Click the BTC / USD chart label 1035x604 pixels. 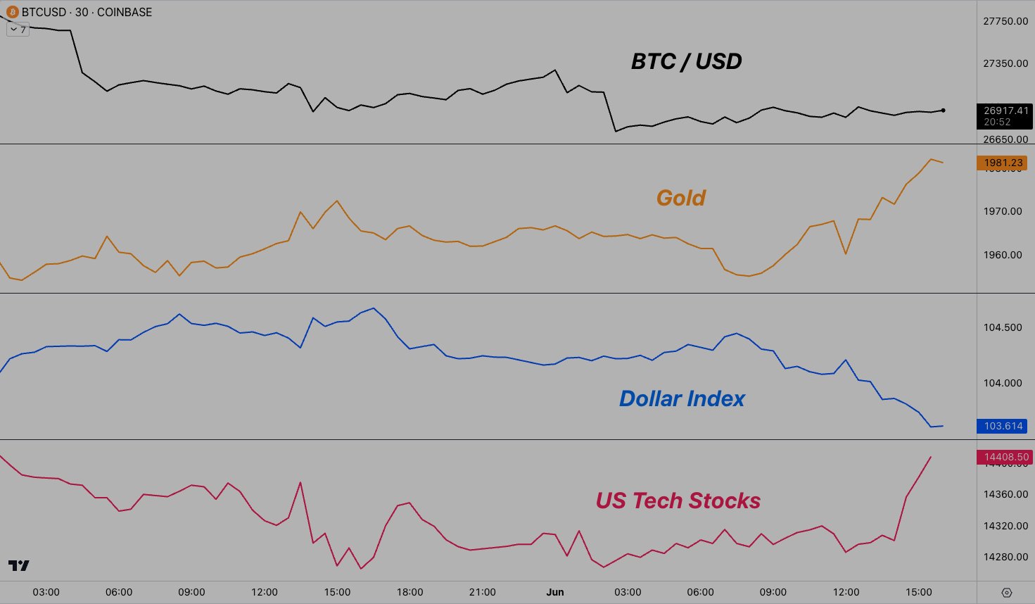tap(686, 61)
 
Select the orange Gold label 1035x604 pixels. tap(680, 198)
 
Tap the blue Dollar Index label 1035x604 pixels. tap(681, 398)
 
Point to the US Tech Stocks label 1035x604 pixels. tap(678, 501)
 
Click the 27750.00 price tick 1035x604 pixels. tap(1005, 21)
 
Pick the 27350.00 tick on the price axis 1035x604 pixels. tap(1005, 63)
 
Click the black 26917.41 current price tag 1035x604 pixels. tap(1005, 111)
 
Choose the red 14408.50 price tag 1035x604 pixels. tap(1005, 457)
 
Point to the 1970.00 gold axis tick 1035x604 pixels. tap(1003, 211)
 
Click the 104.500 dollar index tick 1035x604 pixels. tap(1003, 327)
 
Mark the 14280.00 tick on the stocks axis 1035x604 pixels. tap(1005, 557)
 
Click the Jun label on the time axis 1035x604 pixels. tap(555, 592)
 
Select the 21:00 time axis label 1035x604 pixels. tap(482, 592)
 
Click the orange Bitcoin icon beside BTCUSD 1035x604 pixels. tap(12, 12)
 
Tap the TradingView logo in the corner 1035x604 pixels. tap(18, 565)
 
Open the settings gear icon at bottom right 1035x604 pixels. tap(1006, 593)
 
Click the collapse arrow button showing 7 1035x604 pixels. tap(18, 30)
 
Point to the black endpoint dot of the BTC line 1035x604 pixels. tap(943, 111)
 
